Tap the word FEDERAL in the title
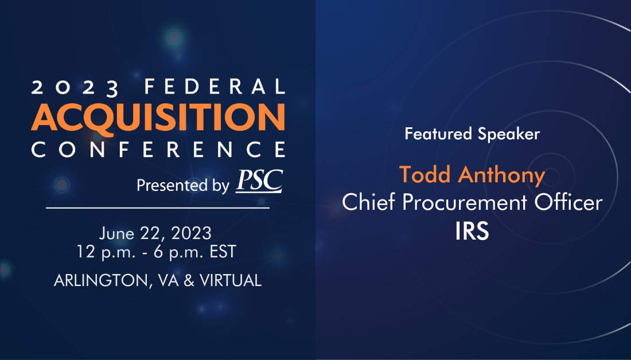click(215, 87)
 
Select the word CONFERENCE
click(158, 149)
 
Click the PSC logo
click(259, 181)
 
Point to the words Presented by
click(182, 185)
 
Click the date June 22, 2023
click(155, 233)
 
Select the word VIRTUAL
click(231, 280)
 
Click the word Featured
click(438, 134)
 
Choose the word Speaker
click(509, 134)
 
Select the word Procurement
click(465, 202)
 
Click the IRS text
click(472, 231)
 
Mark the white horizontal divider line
click(158, 208)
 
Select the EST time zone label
click(223, 252)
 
